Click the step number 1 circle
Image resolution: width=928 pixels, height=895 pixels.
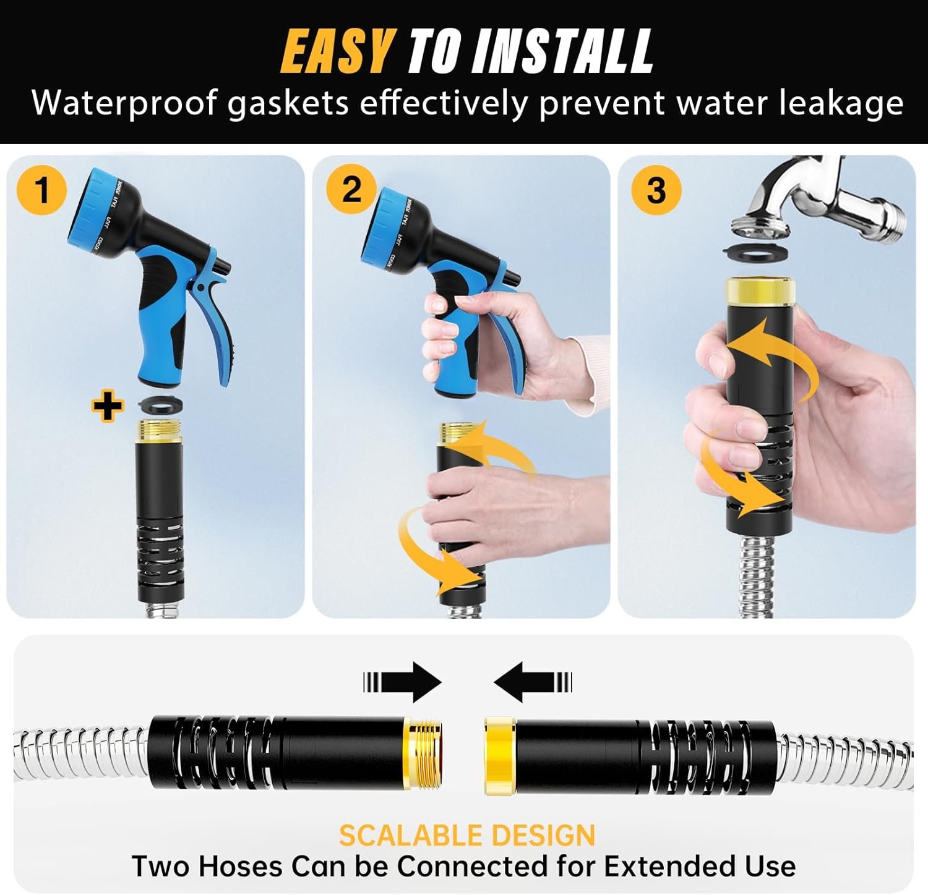pyautogui.click(x=42, y=189)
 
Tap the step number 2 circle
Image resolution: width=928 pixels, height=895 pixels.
pyautogui.click(x=351, y=189)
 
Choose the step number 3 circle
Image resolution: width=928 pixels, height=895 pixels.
pyautogui.click(x=656, y=189)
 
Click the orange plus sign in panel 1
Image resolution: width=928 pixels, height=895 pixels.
pyautogui.click(x=107, y=407)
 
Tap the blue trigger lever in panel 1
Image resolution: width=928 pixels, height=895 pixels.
pyautogui.click(x=220, y=328)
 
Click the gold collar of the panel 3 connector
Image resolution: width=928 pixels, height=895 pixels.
pyautogui.click(x=759, y=290)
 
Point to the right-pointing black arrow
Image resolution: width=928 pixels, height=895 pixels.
pyautogui.click(x=403, y=682)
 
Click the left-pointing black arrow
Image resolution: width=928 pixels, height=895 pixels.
pyautogui.click(x=532, y=682)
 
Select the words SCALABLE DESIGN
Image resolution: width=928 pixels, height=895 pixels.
pyautogui.click(x=466, y=836)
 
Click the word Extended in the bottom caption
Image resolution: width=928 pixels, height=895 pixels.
pyautogui.click(x=671, y=867)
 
